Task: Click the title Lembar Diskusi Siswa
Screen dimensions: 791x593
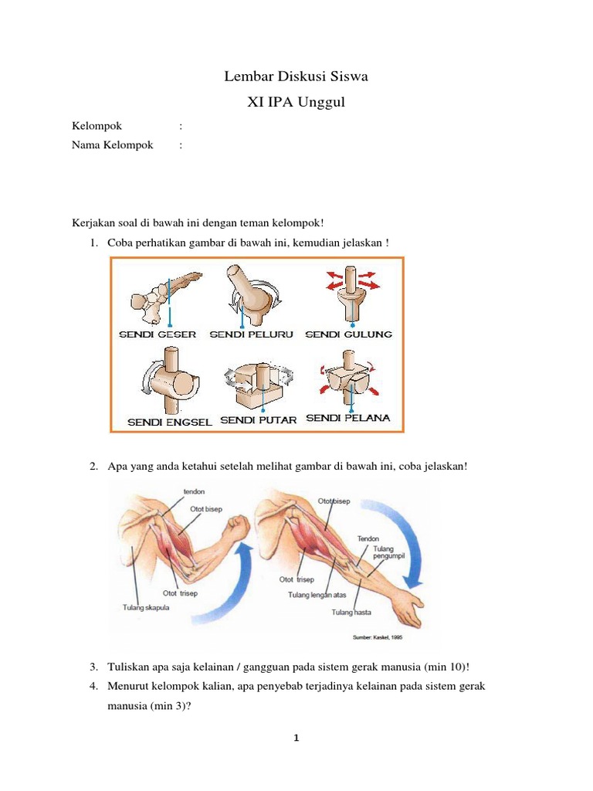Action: pyautogui.click(x=296, y=76)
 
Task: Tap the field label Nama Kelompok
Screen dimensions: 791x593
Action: pyautogui.click(x=113, y=144)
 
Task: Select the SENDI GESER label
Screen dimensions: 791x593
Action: pyautogui.click(x=158, y=334)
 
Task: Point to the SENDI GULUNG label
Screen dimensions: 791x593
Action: pyautogui.click(x=349, y=334)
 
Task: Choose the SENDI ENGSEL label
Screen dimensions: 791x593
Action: pyautogui.click(x=170, y=423)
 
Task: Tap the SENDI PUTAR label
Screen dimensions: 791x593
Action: pyautogui.click(x=259, y=420)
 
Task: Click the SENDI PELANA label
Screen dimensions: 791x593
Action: pyautogui.click(x=348, y=418)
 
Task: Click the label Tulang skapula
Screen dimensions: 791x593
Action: pyautogui.click(x=146, y=607)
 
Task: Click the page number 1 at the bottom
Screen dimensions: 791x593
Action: pyautogui.click(x=296, y=738)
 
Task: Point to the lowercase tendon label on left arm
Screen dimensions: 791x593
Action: pyautogui.click(x=194, y=491)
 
